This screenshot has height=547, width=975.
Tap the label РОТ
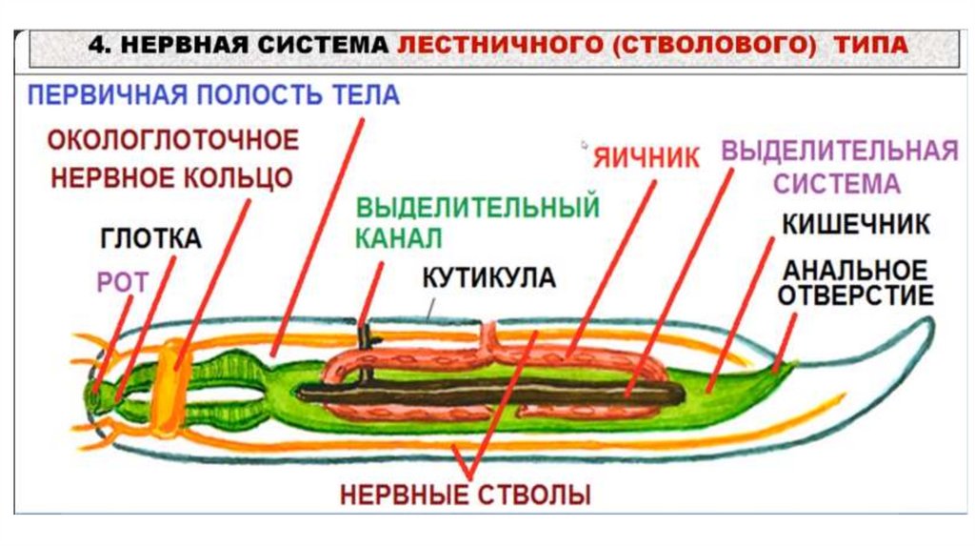(x=118, y=281)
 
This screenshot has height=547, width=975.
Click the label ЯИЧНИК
(x=646, y=157)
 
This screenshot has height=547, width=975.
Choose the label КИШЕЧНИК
(x=856, y=224)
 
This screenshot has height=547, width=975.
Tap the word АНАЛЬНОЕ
(x=854, y=268)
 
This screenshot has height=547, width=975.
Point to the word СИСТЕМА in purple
(x=836, y=182)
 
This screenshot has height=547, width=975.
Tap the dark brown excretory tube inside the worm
(x=476, y=391)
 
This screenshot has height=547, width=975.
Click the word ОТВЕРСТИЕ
(x=855, y=294)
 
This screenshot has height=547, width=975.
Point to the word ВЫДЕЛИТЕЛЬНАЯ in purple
(x=839, y=151)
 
